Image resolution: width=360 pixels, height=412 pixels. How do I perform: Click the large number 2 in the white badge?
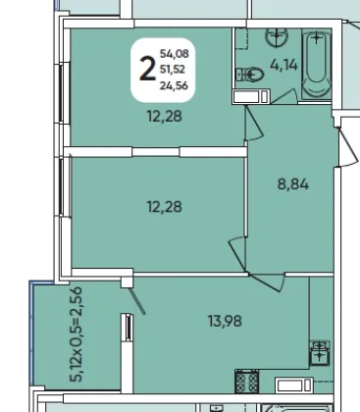(x=147, y=69)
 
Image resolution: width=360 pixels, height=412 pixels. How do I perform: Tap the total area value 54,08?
(x=175, y=53)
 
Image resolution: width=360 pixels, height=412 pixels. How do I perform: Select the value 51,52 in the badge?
(x=173, y=70)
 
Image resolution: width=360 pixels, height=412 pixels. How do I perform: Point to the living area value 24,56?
(x=174, y=85)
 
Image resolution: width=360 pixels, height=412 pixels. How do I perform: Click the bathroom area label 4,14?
(x=283, y=65)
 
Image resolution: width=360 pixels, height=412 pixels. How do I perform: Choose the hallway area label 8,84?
(x=293, y=184)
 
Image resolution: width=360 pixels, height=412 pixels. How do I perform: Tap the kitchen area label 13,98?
(x=225, y=321)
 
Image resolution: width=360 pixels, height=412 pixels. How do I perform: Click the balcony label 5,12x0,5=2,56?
(x=77, y=335)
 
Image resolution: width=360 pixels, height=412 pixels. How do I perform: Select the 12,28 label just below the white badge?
(x=164, y=116)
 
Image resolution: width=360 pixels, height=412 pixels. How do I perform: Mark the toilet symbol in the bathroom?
(x=250, y=75)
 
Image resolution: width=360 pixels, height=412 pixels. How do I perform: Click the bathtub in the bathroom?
(x=316, y=64)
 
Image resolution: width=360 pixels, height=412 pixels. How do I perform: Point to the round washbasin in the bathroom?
(x=277, y=36)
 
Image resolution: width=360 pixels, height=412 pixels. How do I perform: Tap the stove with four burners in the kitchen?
(x=247, y=382)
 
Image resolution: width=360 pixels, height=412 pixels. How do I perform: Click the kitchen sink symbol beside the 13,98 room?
(x=320, y=353)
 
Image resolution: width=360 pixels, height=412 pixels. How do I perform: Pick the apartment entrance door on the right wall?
(x=348, y=147)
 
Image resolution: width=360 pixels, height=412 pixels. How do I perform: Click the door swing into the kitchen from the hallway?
(x=267, y=283)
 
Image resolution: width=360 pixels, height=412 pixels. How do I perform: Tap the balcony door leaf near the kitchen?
(x=136, y=301)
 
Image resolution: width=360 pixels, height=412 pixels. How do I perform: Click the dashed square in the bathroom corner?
(x=241, y=38)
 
